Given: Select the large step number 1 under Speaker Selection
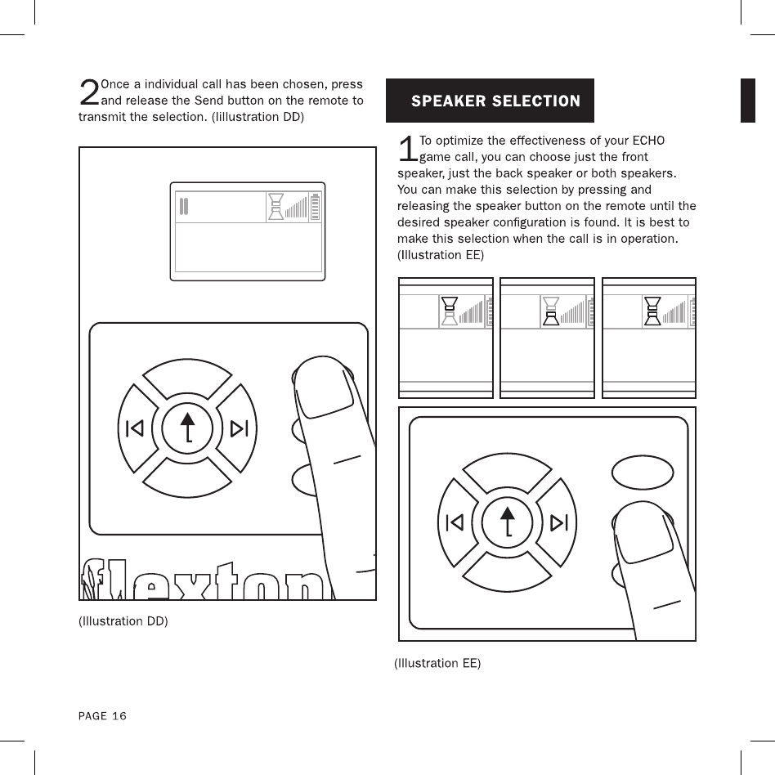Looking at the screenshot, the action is click(407, 149).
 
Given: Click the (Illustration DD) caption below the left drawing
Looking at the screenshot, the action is click(123, 621).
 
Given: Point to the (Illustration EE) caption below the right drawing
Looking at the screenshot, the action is click(437, 663).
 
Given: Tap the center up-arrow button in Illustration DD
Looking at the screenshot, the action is click(188, 428).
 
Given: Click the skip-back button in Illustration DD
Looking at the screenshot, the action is click(136, 428).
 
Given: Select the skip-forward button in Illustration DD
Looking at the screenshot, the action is click(239, 428).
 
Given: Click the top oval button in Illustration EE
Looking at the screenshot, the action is click(643, 472).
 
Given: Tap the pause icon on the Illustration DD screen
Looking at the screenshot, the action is click(185, 207).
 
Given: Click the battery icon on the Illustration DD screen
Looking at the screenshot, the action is click(315, 208).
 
